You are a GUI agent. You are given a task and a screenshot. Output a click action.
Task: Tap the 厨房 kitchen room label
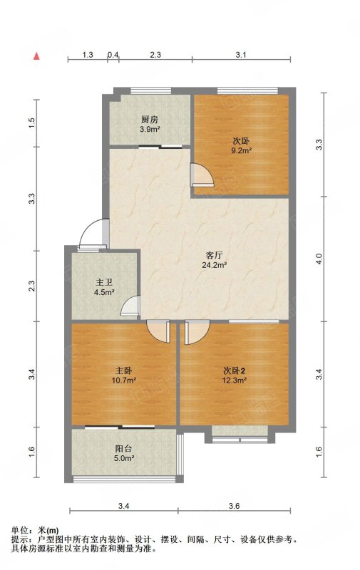[x=150, y=119]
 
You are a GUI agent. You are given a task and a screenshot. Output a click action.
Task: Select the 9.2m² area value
[x=242, y=150]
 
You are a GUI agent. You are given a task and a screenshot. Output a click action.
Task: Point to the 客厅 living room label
[x=214, y=255]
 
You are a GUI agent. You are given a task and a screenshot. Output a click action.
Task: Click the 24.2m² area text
[x=215, y=265]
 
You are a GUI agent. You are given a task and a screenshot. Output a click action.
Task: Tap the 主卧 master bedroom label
[x=123, y=370]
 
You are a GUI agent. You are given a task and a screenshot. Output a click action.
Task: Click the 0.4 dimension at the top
[x=113, y=55]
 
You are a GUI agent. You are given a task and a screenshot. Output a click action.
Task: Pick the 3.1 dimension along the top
[x=241, y=55]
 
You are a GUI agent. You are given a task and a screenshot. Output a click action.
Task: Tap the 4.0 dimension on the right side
[x=319, y=259]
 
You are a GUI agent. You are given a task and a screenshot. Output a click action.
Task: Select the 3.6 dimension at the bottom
[x=235, y=506]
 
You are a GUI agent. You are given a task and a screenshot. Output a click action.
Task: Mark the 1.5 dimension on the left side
[x=31, y=123]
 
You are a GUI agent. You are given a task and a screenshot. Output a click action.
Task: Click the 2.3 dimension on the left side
[x=31, y=286]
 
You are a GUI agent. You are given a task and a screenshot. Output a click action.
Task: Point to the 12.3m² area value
[x=235, y=380]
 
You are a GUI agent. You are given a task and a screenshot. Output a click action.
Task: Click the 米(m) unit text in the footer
[x=48, y=530]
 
